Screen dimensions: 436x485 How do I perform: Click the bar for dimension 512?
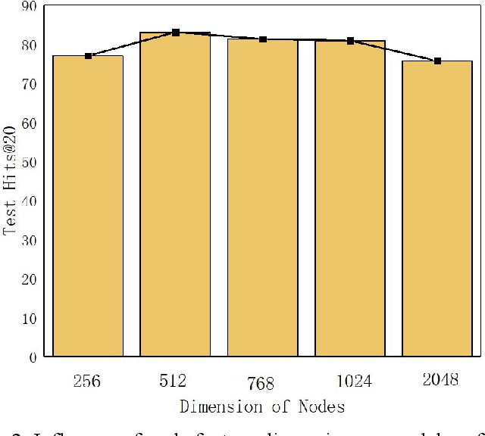pos(175,195)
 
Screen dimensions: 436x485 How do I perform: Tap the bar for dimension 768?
pos(262,198)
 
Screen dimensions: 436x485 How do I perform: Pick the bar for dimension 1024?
pos(350,198)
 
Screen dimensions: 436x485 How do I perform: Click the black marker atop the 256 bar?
pos(88,56)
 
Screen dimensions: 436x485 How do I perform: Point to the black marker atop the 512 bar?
pos(175,33)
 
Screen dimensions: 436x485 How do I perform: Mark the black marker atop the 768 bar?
pos(262,39)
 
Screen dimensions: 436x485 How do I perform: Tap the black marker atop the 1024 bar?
pos(350,41)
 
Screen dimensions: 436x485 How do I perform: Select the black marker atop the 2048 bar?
pos(437,61)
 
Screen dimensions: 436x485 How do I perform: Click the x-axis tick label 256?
pos(88,379)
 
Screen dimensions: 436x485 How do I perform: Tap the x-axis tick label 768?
pos(261,383)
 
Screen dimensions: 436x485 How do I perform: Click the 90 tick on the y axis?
pos(30,7)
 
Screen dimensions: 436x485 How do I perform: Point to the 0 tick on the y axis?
pos(34,357)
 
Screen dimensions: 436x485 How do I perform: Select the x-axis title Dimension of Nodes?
pos(262,406)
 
